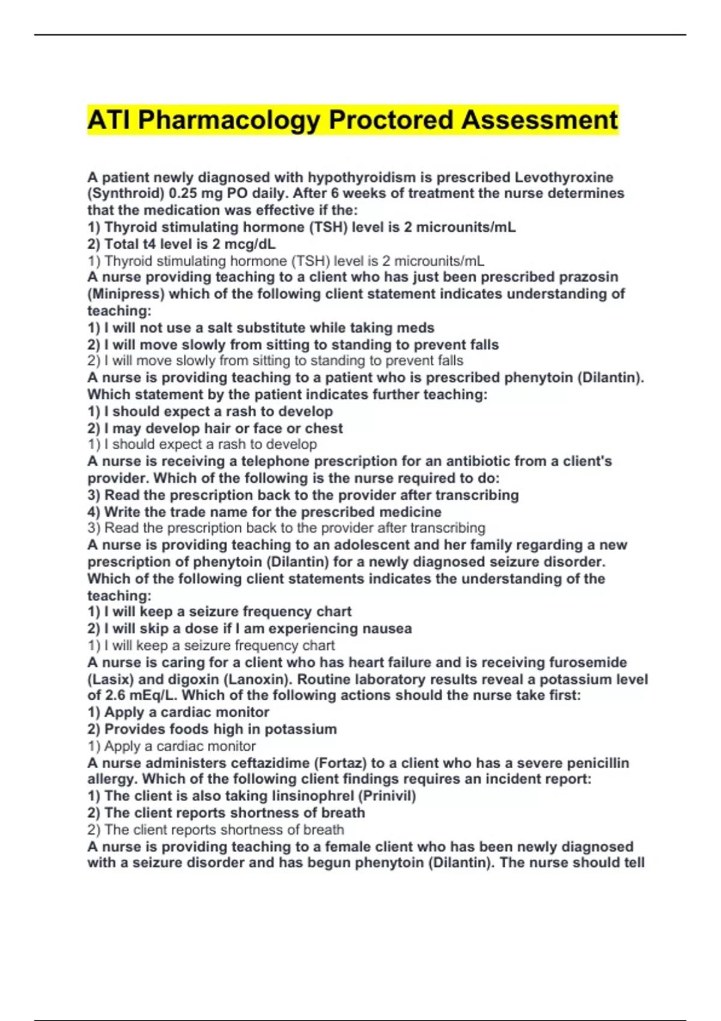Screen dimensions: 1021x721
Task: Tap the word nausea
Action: click(386, 629)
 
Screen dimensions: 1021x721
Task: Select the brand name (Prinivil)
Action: click(388, 796)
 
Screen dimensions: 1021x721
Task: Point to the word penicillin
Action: click(594, 763)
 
